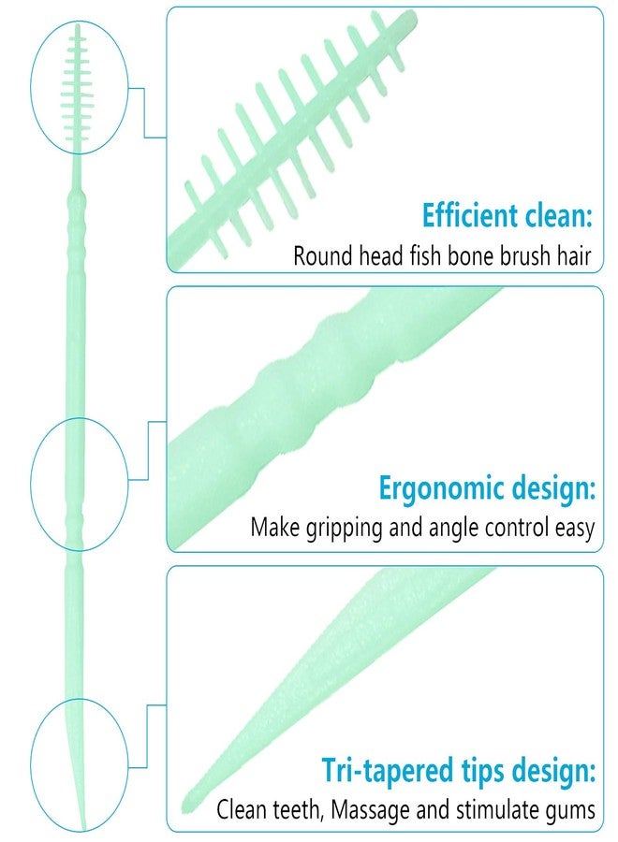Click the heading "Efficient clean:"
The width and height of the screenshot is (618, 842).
point(507,215)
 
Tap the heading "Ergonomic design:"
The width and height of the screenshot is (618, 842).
point(488,488)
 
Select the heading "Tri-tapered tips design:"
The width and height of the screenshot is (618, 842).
point(459,771)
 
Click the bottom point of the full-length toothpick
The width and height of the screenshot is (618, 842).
point(82,827)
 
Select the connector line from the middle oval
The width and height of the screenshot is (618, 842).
point(148,451)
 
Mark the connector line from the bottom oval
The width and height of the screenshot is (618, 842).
point(147,735)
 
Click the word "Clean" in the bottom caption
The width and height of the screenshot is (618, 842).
point(242,809)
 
